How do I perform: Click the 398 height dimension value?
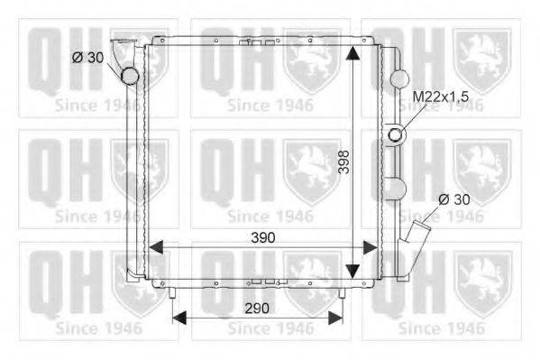pos(343,162)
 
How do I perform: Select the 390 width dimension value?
pos(263,237)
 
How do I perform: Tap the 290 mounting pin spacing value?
pos(257,308)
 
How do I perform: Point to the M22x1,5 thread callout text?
pos(441,97)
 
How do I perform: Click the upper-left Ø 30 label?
pos(87,58)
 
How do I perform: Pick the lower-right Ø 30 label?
pos(454,199)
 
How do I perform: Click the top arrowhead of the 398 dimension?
pos(352,53)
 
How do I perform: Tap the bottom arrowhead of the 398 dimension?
pos(352,271)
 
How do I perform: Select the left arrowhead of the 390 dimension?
pos(156,247)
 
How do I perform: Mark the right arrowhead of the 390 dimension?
pos(371,247)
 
